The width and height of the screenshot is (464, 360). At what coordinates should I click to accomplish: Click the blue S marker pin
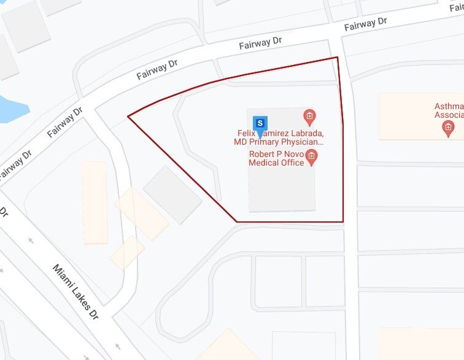tap(260, 123)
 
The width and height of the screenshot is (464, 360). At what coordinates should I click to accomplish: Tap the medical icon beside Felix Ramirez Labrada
tap(310, 116)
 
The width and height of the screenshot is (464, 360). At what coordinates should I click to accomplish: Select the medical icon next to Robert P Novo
tap(312, 157)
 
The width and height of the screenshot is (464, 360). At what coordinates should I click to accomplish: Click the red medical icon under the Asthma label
tap(449, 128)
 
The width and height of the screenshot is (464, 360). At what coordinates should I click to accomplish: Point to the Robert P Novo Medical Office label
tap(276, 158)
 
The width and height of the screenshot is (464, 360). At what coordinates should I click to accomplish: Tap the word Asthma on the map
tap(449, 107)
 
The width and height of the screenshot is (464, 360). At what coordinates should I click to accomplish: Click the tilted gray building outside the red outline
tap(172, 194)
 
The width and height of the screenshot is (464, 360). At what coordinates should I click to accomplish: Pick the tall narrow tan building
tap(95, 202)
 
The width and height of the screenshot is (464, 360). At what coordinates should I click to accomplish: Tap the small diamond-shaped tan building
tap(127, 252)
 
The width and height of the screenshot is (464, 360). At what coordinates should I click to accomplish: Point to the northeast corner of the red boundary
tap(338, 58)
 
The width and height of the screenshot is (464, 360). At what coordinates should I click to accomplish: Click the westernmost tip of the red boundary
tap(128, 116)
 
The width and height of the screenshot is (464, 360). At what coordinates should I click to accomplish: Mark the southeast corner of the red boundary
tap(342, 221)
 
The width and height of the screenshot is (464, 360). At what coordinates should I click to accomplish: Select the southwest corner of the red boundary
tap(237, 221)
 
